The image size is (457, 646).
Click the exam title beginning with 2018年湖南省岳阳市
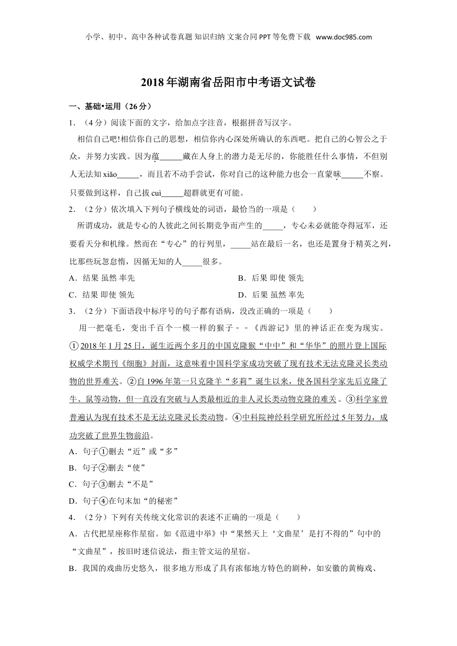click(228, 83)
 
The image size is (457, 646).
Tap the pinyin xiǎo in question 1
click(110, 174)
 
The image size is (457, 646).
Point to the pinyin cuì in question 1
click(156, 193)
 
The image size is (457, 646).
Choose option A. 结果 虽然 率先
click(102, 278)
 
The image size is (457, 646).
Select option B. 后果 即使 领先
click(271, 278)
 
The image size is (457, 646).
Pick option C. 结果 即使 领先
click(102, 295)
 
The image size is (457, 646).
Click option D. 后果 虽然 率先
click(271, 295)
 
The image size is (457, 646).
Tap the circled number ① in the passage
click(74, 346)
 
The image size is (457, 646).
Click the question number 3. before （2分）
click(72, 311)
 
